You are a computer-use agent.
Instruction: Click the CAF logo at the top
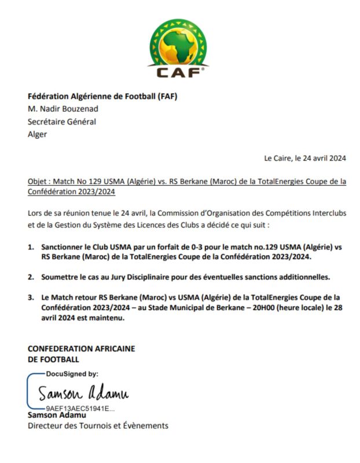pos(179,47)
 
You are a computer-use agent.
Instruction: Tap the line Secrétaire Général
pos(62,122)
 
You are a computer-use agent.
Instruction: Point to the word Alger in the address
pos(38,134)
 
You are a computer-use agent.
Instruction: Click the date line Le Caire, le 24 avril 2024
pos(305,158)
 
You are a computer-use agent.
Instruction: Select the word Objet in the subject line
pos(38,181)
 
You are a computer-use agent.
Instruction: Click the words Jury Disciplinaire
pos(143,277)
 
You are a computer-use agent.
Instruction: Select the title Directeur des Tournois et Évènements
pos(98,426)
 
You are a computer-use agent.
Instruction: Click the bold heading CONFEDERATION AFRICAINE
pos(81,348)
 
